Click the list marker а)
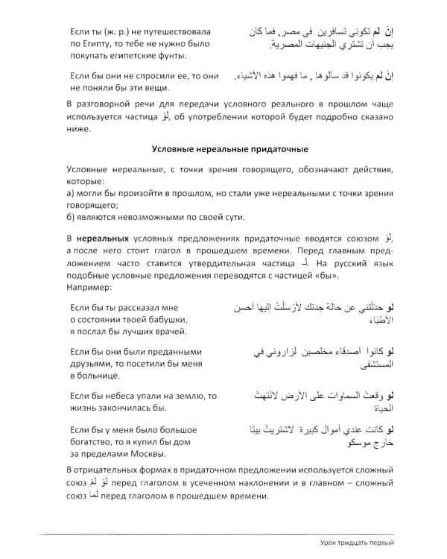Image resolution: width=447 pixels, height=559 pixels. pyautogui.click(x=71, y=194)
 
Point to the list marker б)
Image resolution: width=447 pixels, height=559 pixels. pyautogui.click(x=71, y=217)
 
